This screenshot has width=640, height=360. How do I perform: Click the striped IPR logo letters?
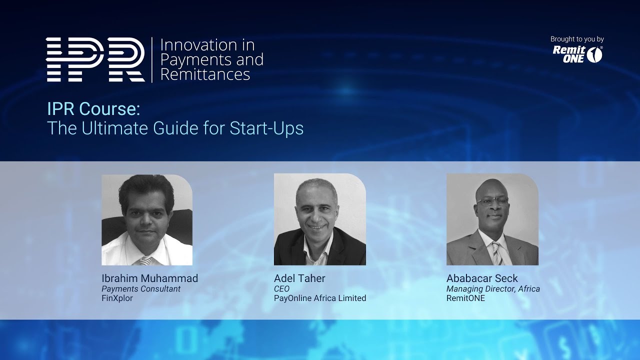(95, 59)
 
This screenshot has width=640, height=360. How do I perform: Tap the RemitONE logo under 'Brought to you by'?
(577, 54)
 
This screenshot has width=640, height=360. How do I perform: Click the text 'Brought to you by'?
(577, 39)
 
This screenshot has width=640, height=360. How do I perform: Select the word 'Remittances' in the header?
(205, 74)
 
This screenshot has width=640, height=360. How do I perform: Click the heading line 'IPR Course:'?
(93, 108)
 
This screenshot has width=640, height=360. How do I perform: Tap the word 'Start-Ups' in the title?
(266, 128)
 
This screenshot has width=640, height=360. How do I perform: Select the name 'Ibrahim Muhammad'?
(149, 278)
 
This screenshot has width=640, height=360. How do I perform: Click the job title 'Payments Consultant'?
(141, 289)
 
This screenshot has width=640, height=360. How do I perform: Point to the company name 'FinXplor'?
(117, 298)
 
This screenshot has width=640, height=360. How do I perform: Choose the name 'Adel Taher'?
(299, 278)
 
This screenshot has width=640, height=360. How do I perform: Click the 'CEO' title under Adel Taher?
(281, 289)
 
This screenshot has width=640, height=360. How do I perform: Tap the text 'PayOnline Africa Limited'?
(320, 298)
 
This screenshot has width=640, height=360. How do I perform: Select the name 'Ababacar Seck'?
(482, 278)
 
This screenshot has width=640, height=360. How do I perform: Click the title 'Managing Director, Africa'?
(493, 289)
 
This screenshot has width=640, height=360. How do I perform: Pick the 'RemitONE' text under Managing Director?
(465, 298)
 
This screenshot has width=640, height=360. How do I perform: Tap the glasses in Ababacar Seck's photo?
(492, 200)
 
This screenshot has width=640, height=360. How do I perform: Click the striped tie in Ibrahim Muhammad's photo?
(145, 260)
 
